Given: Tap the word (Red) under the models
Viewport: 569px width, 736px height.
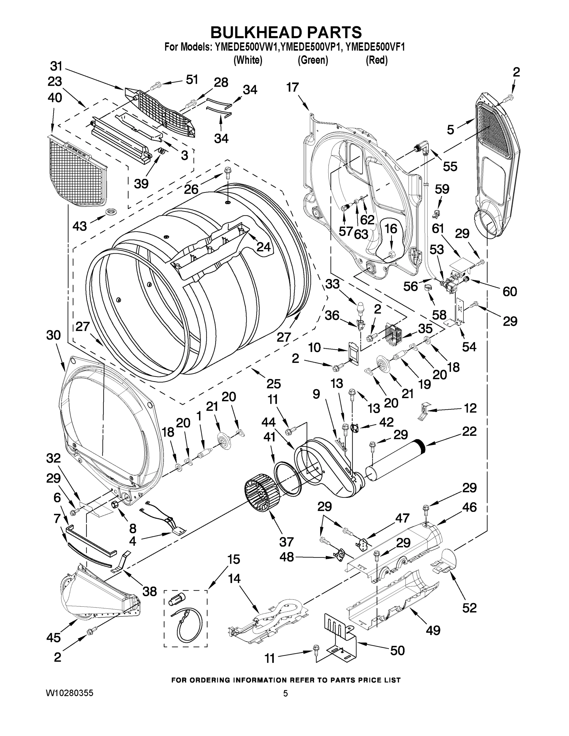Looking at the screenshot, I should point(377,60).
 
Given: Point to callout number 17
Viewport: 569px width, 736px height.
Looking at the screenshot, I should point(293,88).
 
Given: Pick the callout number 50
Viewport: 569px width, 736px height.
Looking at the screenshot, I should point(397,650).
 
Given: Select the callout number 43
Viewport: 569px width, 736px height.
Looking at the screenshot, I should point(79,226).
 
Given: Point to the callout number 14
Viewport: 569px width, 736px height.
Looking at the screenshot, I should point(234,579).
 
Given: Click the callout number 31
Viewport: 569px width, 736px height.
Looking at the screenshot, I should point(56,66).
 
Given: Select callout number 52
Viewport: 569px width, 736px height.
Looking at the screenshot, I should point(470,608).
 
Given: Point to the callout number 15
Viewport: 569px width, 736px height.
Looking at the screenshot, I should point(233,559).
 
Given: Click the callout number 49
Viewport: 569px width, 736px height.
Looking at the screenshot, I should point(433,630).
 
